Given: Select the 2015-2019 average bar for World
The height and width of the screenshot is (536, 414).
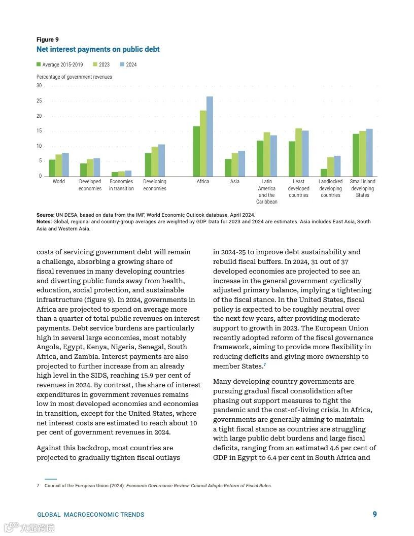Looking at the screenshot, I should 52,168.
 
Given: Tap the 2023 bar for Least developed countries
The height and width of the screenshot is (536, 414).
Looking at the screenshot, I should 298,152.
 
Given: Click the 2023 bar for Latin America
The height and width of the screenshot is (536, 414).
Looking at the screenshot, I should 267,154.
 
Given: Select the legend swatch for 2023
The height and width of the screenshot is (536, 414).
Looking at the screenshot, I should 95,64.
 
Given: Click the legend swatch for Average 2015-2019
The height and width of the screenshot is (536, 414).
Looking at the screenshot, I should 39,64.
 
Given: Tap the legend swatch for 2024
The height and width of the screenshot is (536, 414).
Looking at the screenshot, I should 122,64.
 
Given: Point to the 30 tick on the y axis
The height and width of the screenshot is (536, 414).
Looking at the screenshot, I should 39,86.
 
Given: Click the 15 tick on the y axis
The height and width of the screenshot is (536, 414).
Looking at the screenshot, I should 39,131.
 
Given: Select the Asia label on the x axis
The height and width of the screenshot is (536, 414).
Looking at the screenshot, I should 235,182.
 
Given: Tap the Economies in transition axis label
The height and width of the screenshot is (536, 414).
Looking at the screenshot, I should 121,185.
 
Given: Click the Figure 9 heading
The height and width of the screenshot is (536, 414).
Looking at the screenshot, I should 48,40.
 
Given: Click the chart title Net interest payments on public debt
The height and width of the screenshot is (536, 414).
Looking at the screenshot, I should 98,49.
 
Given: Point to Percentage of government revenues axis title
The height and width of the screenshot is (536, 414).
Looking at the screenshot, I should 74,77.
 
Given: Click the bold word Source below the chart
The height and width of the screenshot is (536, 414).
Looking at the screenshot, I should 45,215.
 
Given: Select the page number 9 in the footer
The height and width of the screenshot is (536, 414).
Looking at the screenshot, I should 375,514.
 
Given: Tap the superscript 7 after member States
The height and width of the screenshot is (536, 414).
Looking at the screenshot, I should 265,365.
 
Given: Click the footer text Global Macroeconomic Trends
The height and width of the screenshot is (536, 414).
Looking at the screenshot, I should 91,515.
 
